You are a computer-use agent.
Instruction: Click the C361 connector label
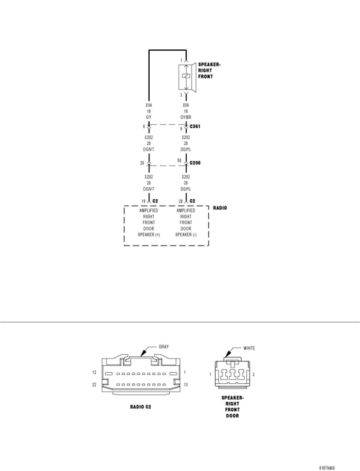tap(195, 127)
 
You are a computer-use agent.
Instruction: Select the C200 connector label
tap(195, 163)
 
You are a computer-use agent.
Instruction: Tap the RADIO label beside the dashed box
tap(220, 208)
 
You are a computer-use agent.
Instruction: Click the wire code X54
tap(149, 105)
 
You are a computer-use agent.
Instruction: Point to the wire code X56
tap(186, 105)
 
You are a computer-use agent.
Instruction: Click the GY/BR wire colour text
tap(186, 117)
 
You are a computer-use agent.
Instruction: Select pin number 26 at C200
tap(142, 163)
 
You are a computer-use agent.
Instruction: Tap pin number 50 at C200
tap(179, 161)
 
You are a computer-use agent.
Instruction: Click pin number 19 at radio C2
tap(143, 201)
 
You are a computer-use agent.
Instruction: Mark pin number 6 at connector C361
tap(144, 127)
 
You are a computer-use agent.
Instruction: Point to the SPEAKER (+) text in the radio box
tap(149, 235)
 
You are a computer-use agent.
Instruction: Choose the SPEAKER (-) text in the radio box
tap(186, 235)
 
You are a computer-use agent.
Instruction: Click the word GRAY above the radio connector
tap(164, 347)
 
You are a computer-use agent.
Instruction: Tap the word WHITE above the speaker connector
tap(249, 348)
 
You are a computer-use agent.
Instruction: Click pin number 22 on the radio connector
tap(94, 385)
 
